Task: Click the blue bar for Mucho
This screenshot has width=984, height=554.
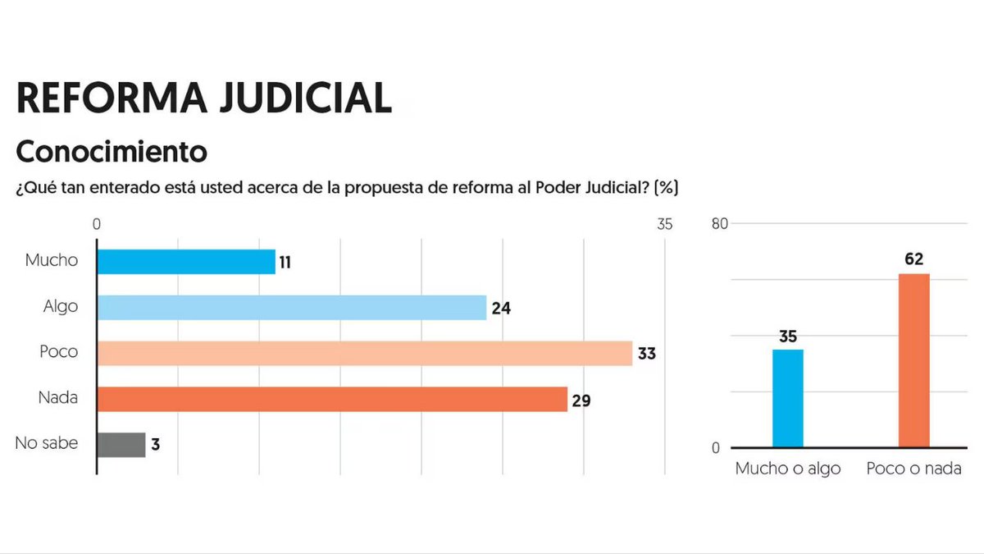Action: [186, 262]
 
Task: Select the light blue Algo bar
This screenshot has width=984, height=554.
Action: [292, 307]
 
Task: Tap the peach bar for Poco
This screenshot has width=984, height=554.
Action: [365, 353]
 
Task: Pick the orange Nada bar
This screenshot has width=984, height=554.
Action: [332, 399]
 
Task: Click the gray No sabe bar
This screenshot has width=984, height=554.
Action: [121, 445]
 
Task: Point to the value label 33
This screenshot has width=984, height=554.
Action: [647, 355]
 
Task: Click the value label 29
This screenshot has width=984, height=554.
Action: [581, 401]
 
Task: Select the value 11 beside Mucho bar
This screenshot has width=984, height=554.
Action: [285, 263]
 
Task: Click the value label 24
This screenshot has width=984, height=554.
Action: [500, 309]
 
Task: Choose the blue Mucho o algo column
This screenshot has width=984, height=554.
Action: [788, 398]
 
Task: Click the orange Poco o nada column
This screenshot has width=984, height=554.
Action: [914, 360]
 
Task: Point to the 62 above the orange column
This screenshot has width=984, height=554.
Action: [914, 259]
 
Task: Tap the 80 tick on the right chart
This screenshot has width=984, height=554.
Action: [720, 223]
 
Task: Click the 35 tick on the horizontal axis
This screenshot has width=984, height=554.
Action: [663, 224]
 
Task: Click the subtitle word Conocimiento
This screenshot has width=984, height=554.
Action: [112, 152]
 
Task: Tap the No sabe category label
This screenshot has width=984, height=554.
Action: [47, 443]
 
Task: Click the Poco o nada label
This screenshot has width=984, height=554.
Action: [914, 469]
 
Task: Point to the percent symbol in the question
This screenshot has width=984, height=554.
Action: [667, 187]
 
